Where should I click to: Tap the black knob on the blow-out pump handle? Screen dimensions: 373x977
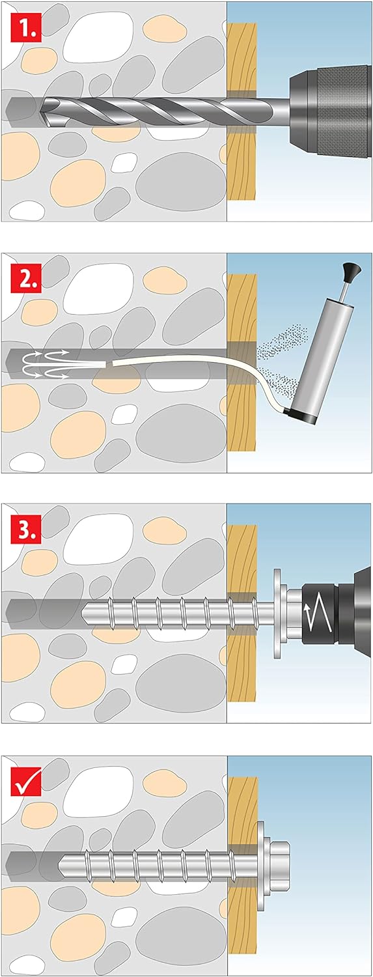[352, 271]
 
